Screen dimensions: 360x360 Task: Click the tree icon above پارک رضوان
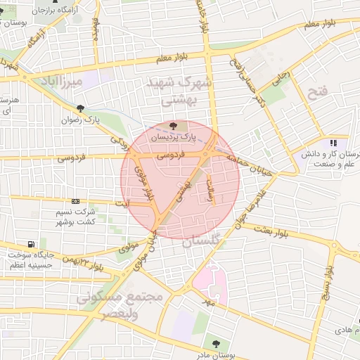(x=82, y=108)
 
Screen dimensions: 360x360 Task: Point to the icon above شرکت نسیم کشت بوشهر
(x=76, y=200)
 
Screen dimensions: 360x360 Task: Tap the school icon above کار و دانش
(x=333, y=143)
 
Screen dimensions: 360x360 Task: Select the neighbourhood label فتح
(x=318, y=91)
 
